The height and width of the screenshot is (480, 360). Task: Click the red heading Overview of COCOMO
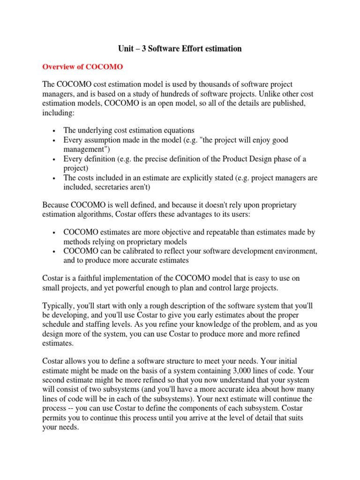click(x=82, y=67)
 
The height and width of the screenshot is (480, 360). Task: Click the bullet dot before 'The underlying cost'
click(x=55, y=131)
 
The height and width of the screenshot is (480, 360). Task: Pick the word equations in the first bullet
click(x=178, y=130)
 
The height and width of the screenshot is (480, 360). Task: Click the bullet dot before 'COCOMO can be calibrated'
click(x=55, y=251)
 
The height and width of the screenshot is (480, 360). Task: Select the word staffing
click(x=85, y=324)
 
